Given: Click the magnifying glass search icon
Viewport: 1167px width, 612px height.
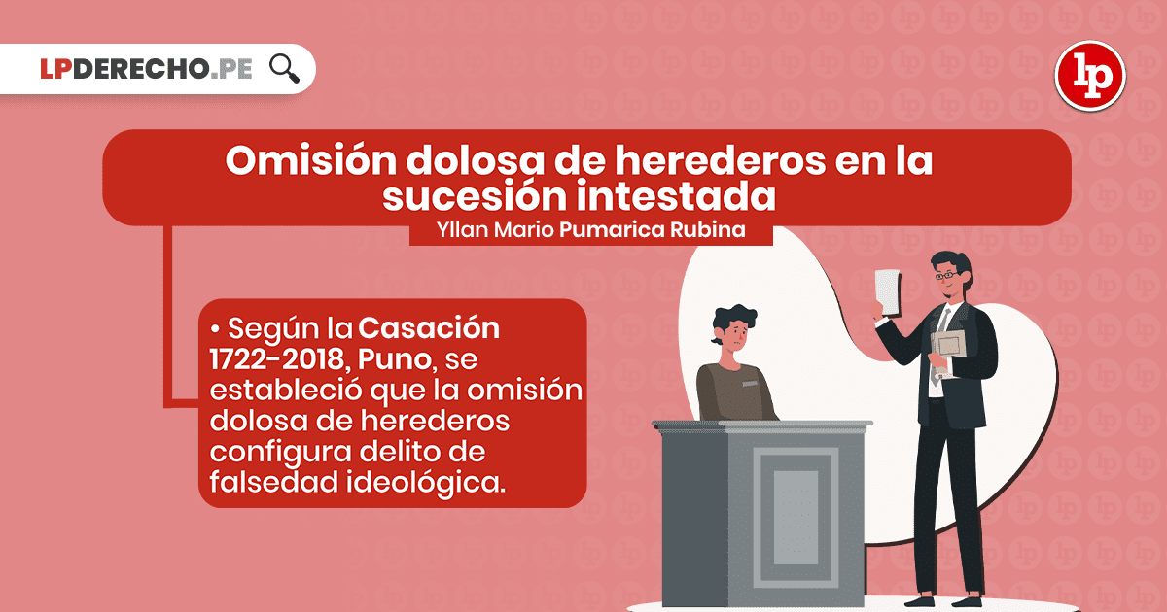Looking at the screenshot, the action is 284,69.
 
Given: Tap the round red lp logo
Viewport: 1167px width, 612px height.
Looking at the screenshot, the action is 1090,76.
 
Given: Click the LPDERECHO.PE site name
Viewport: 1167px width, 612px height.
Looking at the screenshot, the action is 147,69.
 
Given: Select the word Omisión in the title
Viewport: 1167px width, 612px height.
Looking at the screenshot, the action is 310,161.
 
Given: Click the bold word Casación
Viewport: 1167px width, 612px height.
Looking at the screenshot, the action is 429,328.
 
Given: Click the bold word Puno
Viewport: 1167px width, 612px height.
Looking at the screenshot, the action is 396,359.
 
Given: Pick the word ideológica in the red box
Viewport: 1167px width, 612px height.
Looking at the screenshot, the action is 426,483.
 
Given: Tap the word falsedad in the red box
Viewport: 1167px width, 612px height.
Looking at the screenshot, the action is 274,482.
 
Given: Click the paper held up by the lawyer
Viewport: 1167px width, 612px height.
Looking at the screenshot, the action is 888,292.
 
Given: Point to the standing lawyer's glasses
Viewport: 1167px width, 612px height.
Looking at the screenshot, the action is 947,275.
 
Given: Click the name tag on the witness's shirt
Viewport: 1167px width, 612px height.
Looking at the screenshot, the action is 750,383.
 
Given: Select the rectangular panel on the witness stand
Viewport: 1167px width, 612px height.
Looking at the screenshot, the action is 796,517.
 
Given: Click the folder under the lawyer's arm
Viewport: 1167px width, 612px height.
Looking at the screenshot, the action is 949,346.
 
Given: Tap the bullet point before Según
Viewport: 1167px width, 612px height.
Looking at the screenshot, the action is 215,329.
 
